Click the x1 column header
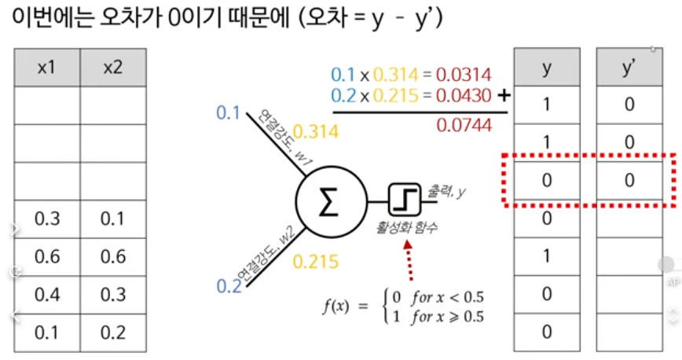click(47, 68)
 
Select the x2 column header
click(113, 68)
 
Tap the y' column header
click(629, 68)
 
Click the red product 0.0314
click(465, 75)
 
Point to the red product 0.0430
click(465, 95)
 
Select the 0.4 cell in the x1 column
click(47, 294)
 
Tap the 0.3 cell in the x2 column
click(113, 294)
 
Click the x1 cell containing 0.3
click(47, 219)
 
